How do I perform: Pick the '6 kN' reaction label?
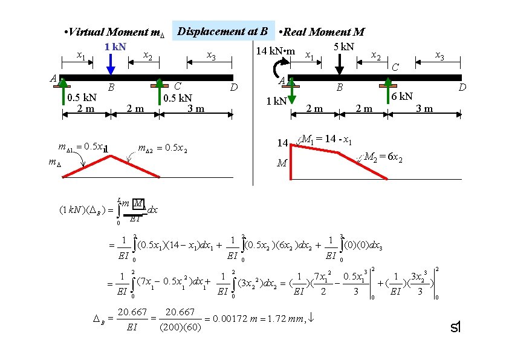tap(401, 96)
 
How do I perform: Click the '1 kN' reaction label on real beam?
tap(277, 101)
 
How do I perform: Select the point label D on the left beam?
tap(236, 89)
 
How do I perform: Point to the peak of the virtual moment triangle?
tap(110, 156)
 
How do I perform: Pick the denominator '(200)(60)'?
tap(179, 327)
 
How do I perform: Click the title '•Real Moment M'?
tap(323, 32)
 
